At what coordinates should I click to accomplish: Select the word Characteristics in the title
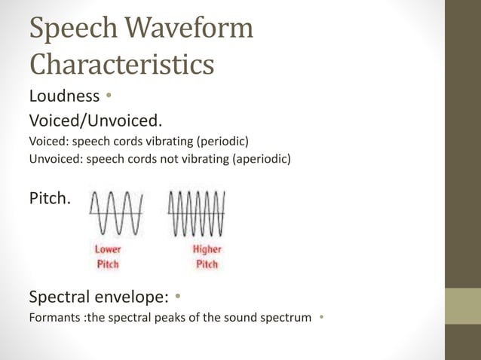tap(121, 64)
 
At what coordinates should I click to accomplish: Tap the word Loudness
tap(64, 96)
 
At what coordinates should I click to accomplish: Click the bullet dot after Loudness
tap(109, 96)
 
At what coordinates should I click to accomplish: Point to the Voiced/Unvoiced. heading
tap(95, 120)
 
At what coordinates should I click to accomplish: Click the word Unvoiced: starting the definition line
tap(55, 158)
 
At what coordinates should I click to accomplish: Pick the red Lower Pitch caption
tap(108, 257)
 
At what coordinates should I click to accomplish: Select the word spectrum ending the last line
tap(287, 317)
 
